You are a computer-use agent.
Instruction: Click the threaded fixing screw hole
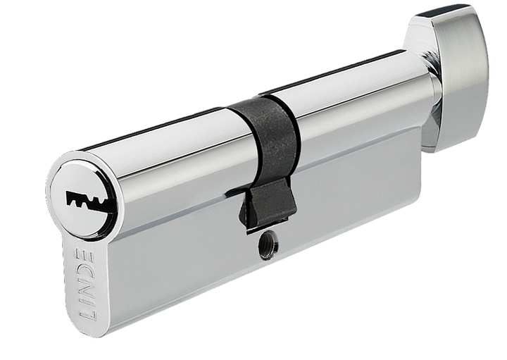pyautogui.click(x=269, y=249)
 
